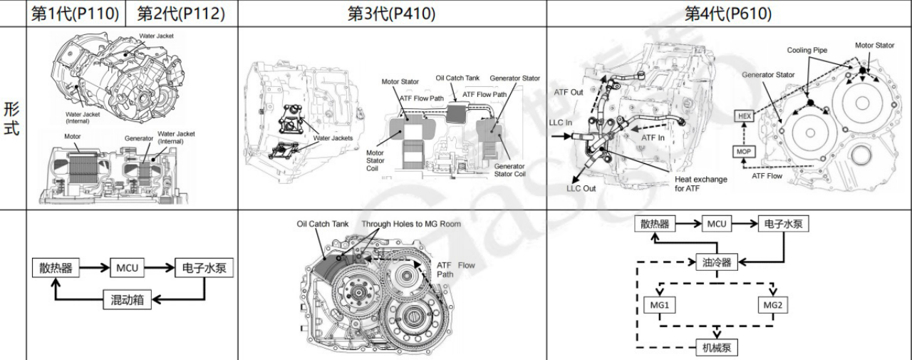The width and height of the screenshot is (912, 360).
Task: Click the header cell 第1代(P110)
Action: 75,14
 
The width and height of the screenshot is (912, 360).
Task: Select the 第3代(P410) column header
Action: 391,14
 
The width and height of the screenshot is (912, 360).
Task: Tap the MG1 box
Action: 659,305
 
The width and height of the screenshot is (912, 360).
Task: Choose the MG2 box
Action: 772,305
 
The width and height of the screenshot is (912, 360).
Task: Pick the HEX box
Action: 745,115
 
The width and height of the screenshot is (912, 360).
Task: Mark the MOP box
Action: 745,151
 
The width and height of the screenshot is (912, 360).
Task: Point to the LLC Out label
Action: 581,188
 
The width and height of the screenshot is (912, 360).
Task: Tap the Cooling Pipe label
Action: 807,51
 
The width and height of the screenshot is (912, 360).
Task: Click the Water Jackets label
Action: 333,138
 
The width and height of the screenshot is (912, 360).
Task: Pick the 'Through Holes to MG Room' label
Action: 411,224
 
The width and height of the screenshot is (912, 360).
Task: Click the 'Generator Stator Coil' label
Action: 509,170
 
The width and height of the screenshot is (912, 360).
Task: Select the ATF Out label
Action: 569,92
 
